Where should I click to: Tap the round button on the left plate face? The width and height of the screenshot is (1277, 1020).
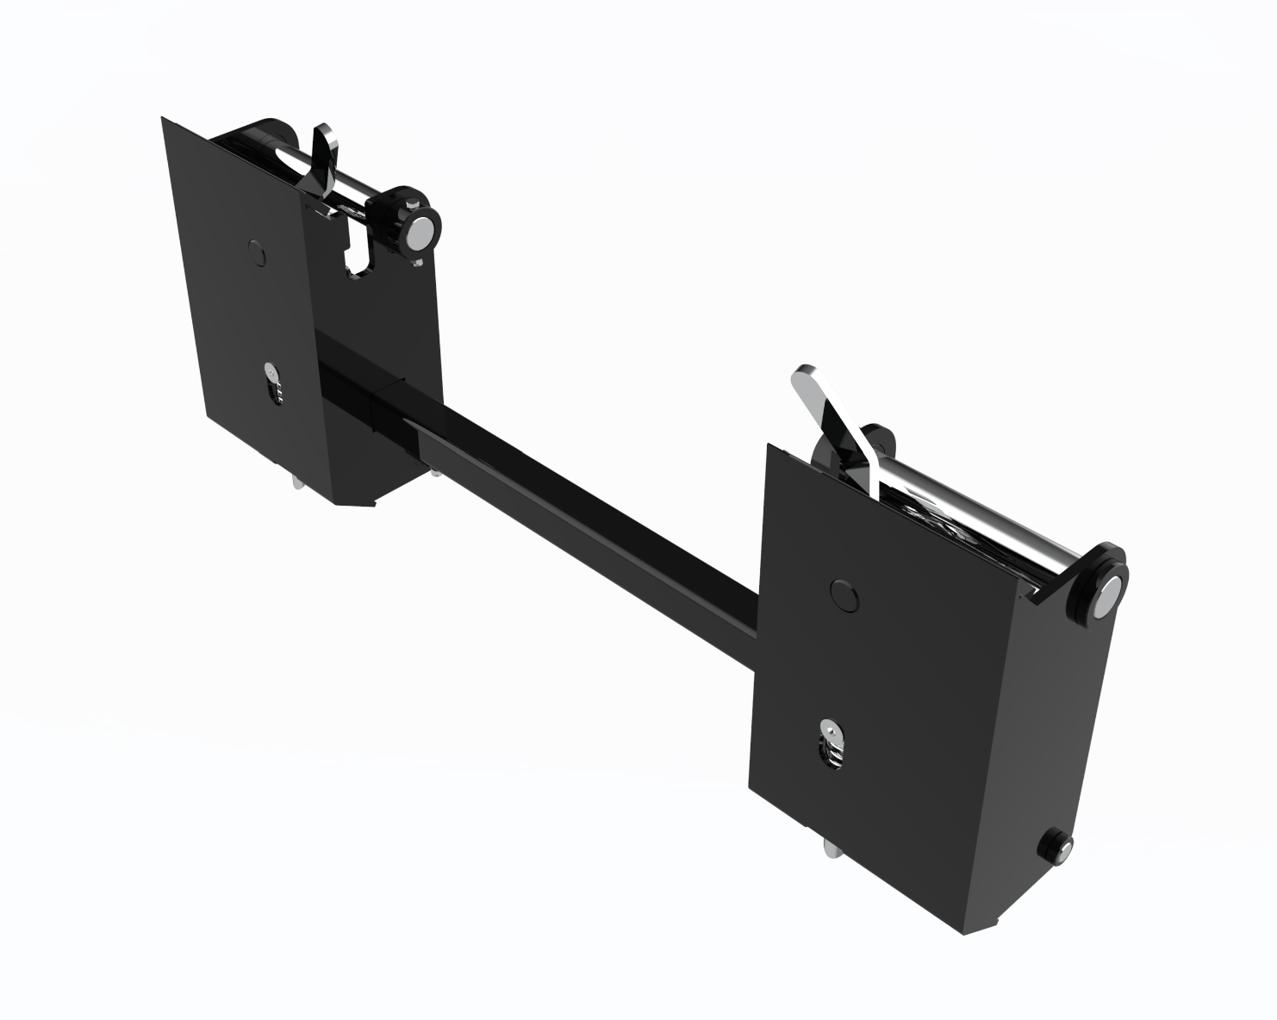254,251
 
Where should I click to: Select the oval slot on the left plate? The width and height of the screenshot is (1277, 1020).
273,385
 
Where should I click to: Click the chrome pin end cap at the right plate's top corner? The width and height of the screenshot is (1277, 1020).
1110,594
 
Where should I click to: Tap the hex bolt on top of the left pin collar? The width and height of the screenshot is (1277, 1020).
416,203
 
